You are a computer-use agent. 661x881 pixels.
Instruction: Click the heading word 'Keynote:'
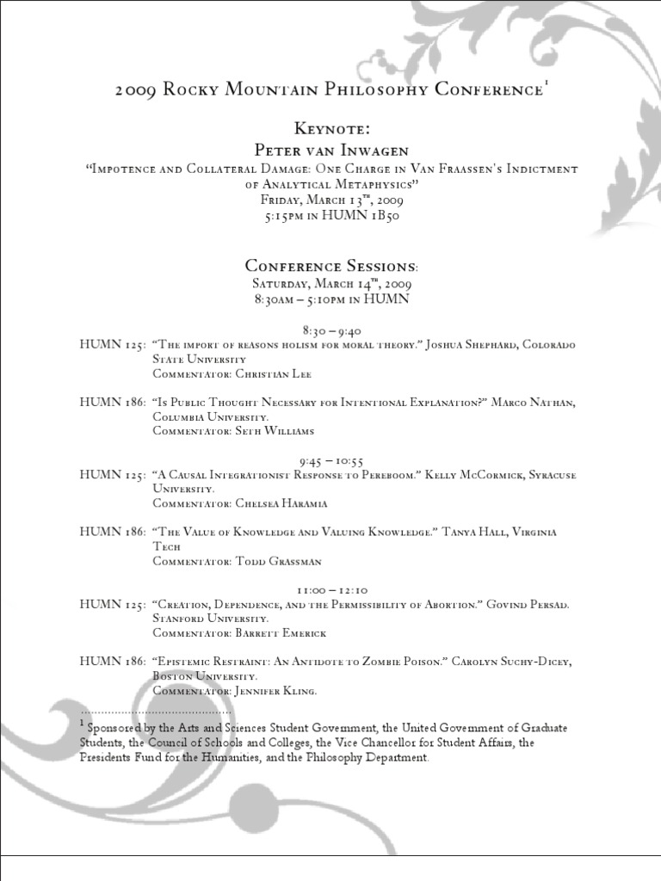click(x=331, y=129)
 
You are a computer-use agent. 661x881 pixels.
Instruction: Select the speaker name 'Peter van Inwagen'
click(x=331, y=149)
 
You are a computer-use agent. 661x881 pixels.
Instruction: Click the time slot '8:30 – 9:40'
click(x=331, y=330)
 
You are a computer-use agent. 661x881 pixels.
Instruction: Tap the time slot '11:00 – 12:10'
click(x=331, y=590)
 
